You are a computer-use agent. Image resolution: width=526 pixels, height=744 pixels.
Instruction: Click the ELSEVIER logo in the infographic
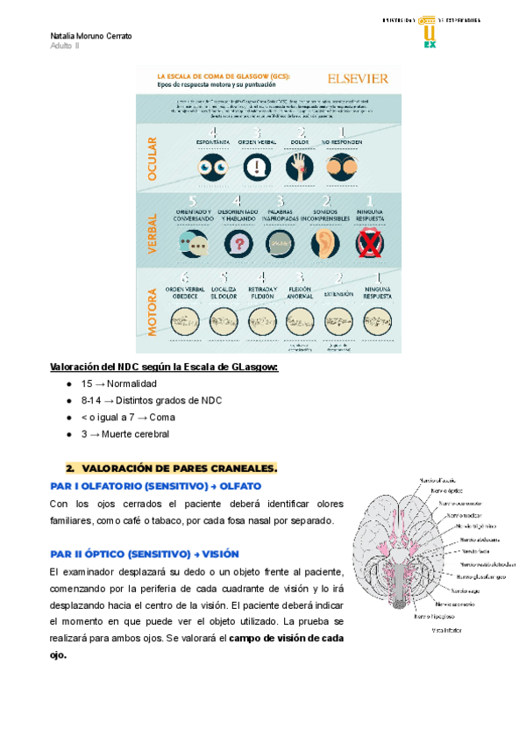pos(357,78)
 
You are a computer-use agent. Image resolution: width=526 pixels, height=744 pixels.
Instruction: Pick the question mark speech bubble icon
pos(238,242)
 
